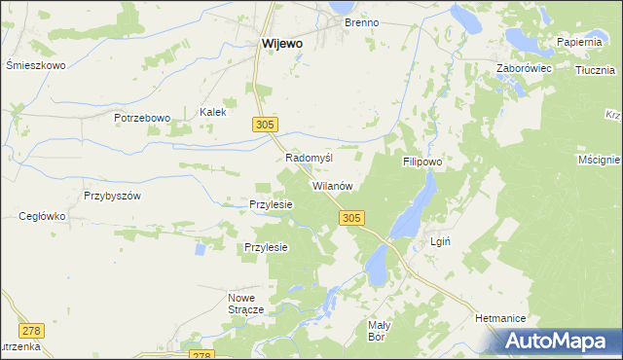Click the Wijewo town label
[281, 44]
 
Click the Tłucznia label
[595, 70]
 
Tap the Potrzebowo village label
[142, 118]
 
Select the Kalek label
[212, 112]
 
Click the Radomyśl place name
[310, 158]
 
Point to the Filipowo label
[422, 162]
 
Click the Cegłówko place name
[42, 217]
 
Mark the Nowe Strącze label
[246, 303]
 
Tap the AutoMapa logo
[558, 341]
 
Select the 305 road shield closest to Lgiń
[353, 220]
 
